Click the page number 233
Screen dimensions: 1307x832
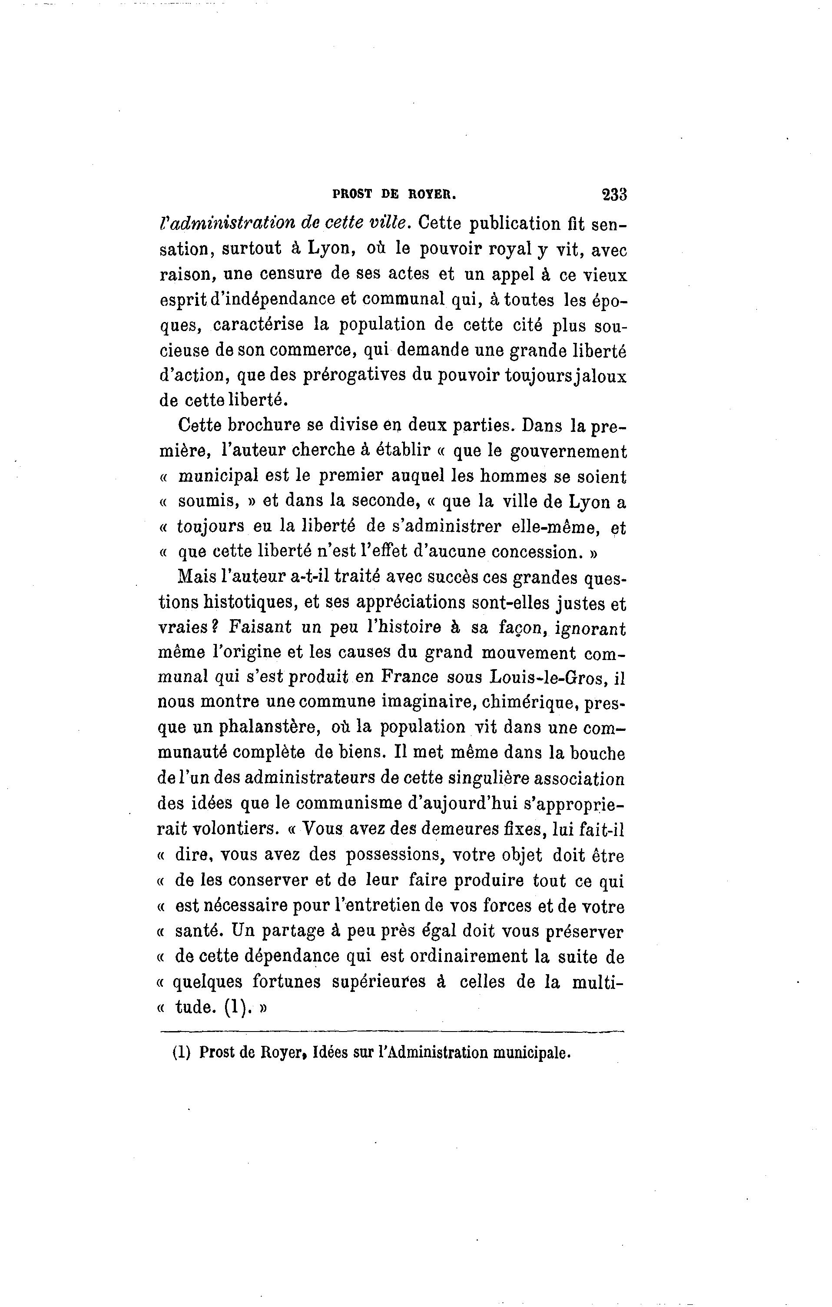click(614, 195)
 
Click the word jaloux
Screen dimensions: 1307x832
click(601, 376)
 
